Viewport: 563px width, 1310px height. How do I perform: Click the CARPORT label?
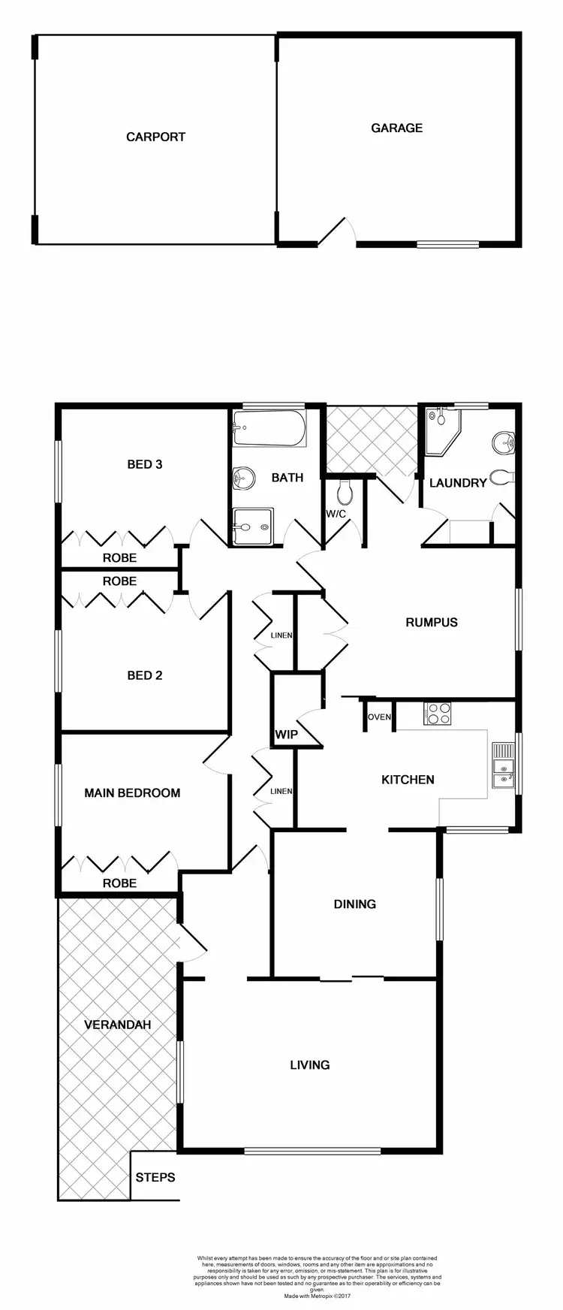(x=155, y=137)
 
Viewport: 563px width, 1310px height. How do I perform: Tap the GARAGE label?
(x=396, y=128)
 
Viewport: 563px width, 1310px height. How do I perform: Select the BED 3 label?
(x=145, y=464)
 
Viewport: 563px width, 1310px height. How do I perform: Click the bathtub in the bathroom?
(x=269, y=428)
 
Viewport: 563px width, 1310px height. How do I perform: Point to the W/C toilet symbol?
(x=345, y=493)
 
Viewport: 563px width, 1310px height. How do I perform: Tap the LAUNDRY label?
(x=458, y=483)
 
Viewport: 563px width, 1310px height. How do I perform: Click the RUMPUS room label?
(x=432, y=622)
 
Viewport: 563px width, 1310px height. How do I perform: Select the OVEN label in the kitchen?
(x=379, y=717)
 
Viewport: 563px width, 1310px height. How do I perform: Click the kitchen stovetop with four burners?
(x=437, y=713)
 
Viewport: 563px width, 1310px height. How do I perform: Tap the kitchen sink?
(x=502, y=767)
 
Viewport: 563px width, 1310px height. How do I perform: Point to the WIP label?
(x=286, y=735)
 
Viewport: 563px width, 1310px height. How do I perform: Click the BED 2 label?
(x=145, y=675)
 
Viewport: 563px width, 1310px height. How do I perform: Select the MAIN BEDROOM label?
(x=132, y=792)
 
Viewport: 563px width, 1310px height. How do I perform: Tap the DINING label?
(x=354, y=904)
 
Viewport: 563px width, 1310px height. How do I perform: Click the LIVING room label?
(x=310, y=1064)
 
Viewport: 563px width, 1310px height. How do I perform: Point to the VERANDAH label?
(x=117, y=1025)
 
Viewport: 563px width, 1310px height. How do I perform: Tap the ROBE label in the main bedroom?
(x=119, y=883)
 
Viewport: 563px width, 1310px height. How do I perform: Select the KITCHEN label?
(x=408, y=780)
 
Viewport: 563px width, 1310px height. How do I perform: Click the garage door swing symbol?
(x=335, y=232)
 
